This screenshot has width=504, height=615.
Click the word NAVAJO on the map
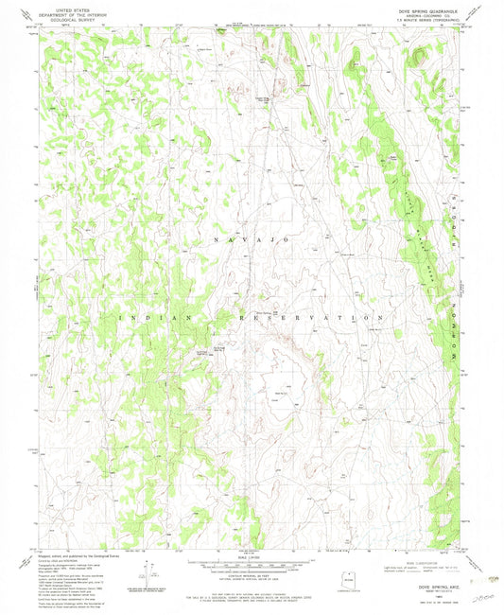click(255, 243)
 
